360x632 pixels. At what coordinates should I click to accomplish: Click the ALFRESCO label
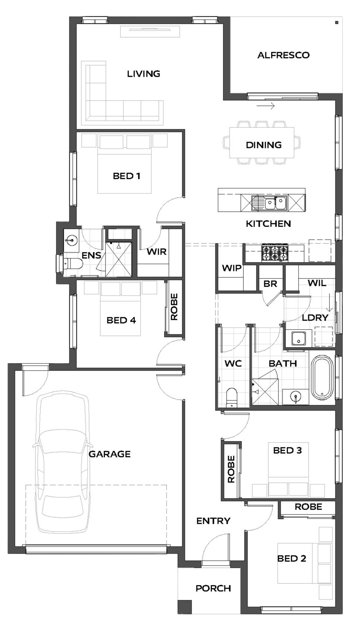[x=283, y=55]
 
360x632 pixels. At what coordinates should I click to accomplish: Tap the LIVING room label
[x=143, y=74]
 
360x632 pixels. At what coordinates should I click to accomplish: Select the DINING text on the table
[x=263, y=145]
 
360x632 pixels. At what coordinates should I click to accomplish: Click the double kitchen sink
[x=269, y=202]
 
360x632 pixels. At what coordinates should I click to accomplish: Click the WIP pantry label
[x=232, y=268]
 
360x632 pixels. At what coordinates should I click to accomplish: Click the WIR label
[x=157, y=252]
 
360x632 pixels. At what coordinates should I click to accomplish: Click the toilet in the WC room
[x=232, y=398]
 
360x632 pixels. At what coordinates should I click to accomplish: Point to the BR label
[x=270, y=283]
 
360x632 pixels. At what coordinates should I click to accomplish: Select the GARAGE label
[x=110, y=454]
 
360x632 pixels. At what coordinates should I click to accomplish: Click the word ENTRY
[x=214, y=521]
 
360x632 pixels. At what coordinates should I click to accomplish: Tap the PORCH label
[x=214, y=588]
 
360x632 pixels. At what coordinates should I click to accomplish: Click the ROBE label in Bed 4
[x=174, y=307]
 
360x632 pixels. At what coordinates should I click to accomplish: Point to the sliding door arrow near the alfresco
[x=266, y=106]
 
